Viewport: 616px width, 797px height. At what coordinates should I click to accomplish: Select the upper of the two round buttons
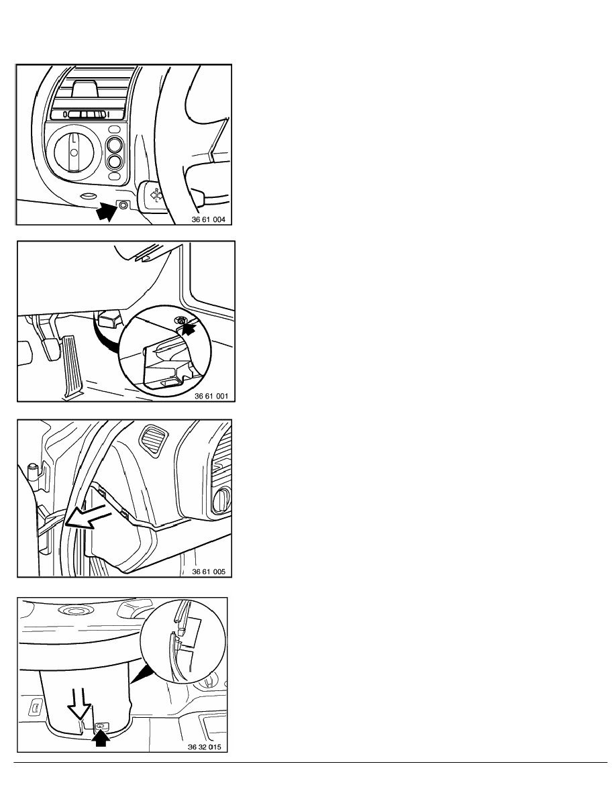pyautogui.click(x=115, y=144)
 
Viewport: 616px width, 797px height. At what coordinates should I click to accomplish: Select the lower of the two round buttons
pyautogui.click(x=115, y=162)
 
